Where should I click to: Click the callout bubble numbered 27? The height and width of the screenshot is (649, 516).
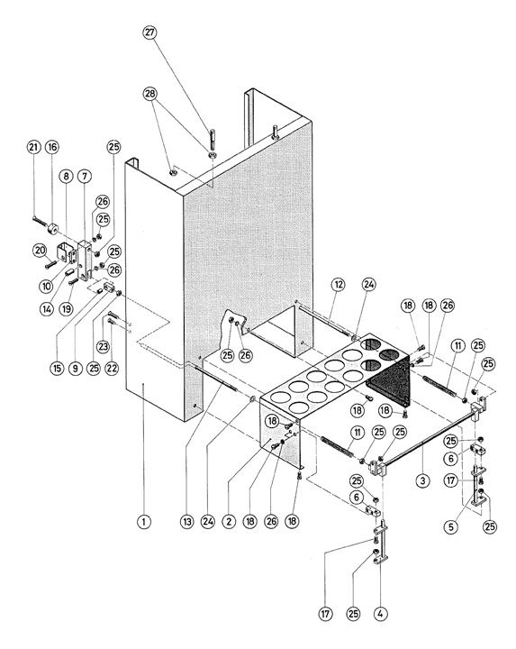(x=149, y=32)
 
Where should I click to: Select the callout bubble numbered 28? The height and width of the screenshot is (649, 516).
(x=149, y=94)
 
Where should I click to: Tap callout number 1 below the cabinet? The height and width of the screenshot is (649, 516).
(x=144, y=522)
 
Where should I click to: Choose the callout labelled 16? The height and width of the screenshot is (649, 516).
(x=51, y=147)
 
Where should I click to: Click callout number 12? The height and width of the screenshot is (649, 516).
(x=339, y=285)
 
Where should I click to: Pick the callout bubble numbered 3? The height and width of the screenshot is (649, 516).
(x=422, y=480)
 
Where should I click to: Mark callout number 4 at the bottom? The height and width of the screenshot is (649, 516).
(x=380, y=614)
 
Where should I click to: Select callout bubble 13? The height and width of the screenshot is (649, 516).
(x=186, y=522)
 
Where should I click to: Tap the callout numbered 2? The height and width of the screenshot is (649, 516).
(x=228, y=522)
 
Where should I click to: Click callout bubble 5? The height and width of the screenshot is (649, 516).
(x=450, y=526)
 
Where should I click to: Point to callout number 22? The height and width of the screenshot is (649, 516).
(x=112, y=368)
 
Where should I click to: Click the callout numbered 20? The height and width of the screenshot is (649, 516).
(x=40, y=250)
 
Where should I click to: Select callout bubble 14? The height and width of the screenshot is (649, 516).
(x=47, y=308)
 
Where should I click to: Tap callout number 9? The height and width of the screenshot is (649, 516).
(x=76, y=368)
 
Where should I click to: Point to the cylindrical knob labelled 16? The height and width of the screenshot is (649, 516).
(x=53, y=228)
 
